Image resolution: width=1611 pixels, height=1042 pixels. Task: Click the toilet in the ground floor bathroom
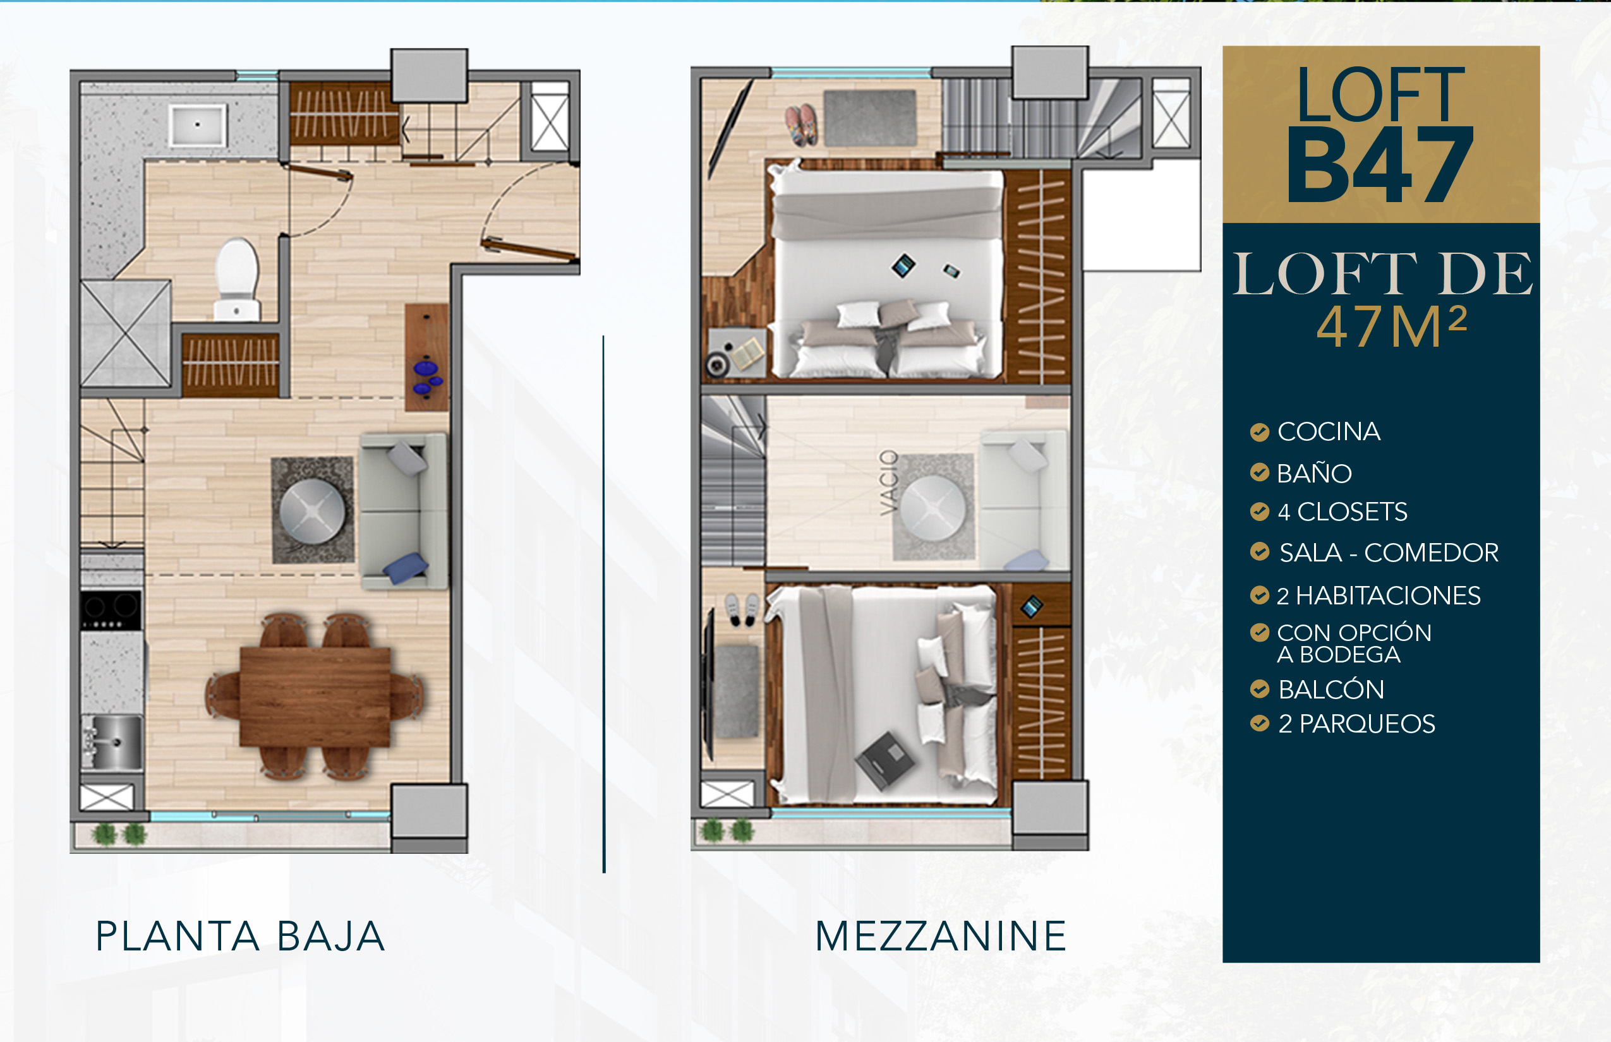[236, 278]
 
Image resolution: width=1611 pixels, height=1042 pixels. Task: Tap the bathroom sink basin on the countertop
[197, 124]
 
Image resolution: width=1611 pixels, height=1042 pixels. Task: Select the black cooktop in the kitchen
[111, 609]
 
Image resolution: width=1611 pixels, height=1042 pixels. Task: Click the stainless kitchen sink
[112, 741]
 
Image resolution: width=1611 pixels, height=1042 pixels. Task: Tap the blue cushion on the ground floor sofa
[406, 567]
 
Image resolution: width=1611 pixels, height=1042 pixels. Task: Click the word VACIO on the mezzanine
[889, 482]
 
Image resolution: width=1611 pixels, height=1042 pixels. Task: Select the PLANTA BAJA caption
[240, 937]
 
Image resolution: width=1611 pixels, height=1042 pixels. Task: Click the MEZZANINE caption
[940, 937]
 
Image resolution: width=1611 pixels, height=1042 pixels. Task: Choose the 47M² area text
[1392, 326]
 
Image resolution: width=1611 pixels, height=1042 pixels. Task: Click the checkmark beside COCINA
[1259, 432]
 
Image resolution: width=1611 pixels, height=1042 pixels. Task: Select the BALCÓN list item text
[1330, 690]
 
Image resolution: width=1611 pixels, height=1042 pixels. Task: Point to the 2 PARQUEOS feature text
[1356, 724]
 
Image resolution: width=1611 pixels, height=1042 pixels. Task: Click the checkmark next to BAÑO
[1259, 472]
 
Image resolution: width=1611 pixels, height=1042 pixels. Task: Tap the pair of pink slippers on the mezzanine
[801, 125]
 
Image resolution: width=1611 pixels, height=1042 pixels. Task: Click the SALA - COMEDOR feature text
[1389, 553]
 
